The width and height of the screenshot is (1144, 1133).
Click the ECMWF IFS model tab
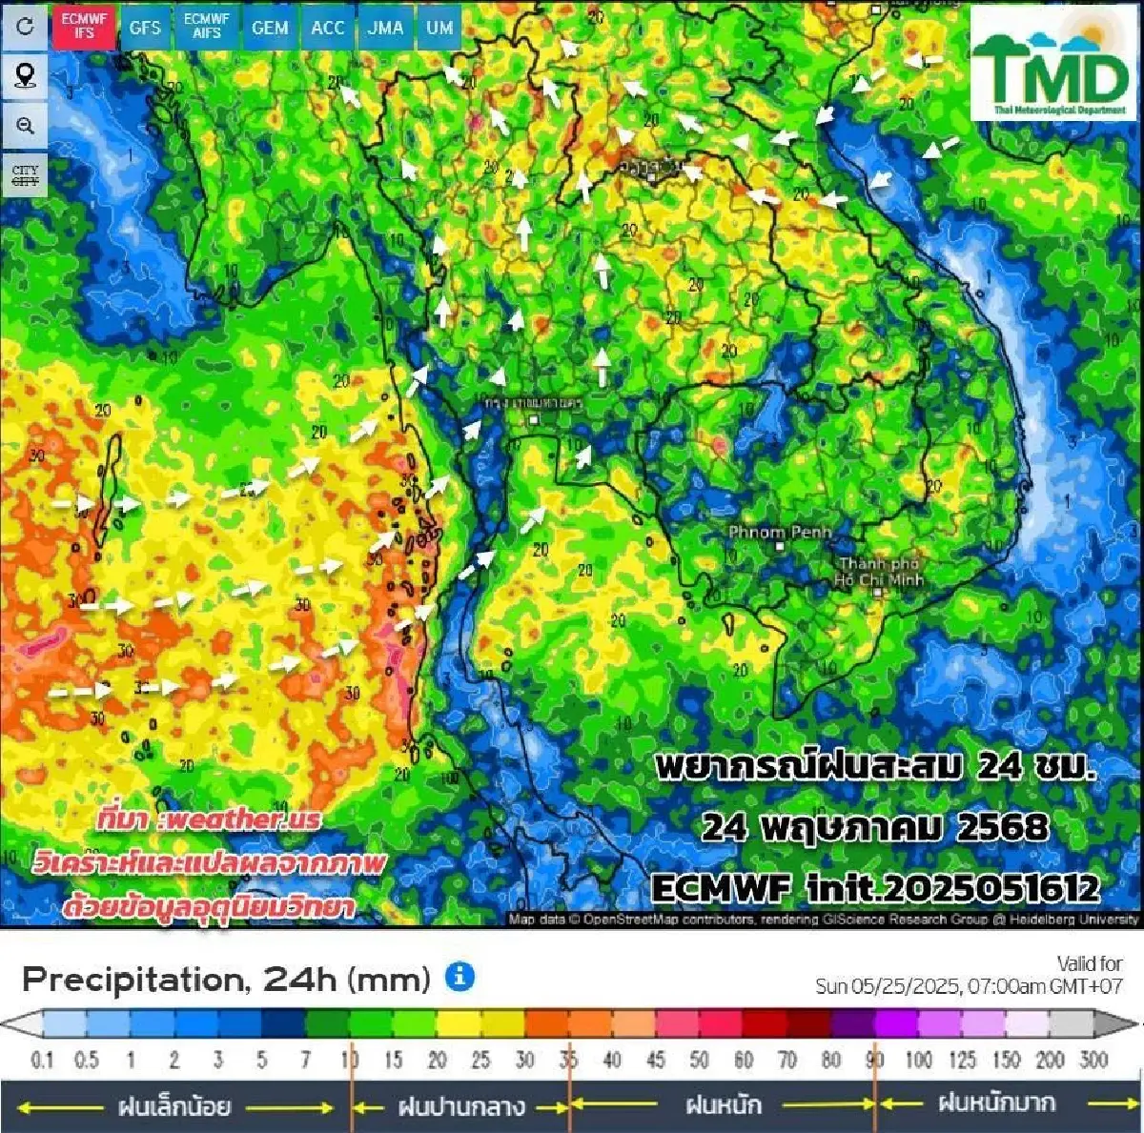pos(84,26)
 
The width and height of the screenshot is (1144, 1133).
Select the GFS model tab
pos(145,28)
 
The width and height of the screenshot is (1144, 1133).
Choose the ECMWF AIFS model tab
pos(207,26)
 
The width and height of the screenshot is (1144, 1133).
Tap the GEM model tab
pos(270,28)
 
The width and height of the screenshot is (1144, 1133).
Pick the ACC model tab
pos(328,28)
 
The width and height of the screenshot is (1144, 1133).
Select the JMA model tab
pos(386,28)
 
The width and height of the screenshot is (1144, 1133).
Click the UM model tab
pos(439,28)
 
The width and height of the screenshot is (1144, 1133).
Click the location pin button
pos(25,75)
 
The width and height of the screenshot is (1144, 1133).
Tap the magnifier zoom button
pos(25,126)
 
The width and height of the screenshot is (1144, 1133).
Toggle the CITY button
pos(25,175)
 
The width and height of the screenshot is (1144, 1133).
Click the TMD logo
pos(1052,65)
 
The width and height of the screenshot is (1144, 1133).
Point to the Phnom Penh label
pos(780,532)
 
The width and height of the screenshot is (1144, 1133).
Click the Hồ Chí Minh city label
pos(878,572)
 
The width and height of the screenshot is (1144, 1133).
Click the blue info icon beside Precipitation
pos(460,977)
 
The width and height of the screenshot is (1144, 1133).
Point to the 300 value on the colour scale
pos(1093,1060)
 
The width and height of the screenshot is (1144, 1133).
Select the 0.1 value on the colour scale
pos(43,1060)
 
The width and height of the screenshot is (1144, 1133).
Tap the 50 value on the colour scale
pos(700,1060)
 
